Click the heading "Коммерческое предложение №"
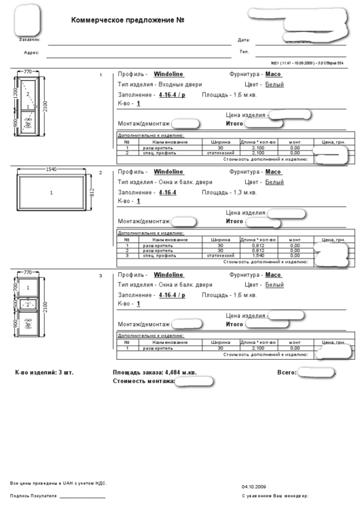coord(128,20)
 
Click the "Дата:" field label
coord(244,40)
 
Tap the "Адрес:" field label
coord(31,52)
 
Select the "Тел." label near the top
coord(244,52)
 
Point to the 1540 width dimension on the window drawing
coord(51,169)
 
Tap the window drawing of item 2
coord(52,193)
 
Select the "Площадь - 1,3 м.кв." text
coord(230,192)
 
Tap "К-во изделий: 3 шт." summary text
coord(44,373)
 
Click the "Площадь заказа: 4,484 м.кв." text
coord(154,373)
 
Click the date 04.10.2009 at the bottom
coord(253,487)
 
